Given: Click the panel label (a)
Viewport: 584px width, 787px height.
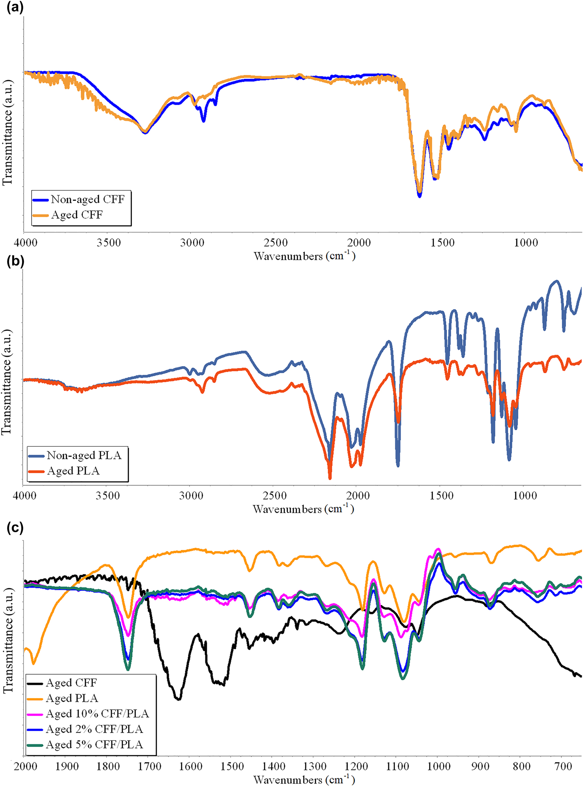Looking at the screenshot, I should pos(15,7).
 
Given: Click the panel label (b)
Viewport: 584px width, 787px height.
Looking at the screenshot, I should pos(15,262).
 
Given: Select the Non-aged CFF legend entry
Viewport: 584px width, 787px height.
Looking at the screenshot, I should pos(87,199).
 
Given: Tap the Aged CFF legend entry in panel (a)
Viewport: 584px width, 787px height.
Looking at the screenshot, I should pos(77,215).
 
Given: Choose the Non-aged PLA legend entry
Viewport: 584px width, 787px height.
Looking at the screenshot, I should pos(84,455).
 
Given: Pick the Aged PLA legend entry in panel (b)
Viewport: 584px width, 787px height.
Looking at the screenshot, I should pos(73,471).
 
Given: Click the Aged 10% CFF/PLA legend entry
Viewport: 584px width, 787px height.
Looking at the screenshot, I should pos(97,714).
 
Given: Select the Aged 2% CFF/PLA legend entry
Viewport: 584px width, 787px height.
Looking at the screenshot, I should pos(94,729).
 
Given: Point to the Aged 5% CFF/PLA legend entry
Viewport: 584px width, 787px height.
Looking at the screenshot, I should pos(94,745).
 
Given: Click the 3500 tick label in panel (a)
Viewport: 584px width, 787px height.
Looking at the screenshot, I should pos(109,243).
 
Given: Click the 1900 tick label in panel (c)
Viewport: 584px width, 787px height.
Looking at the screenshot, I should pos(67,767).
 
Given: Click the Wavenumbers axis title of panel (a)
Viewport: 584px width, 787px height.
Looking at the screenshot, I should pos(304,256).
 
